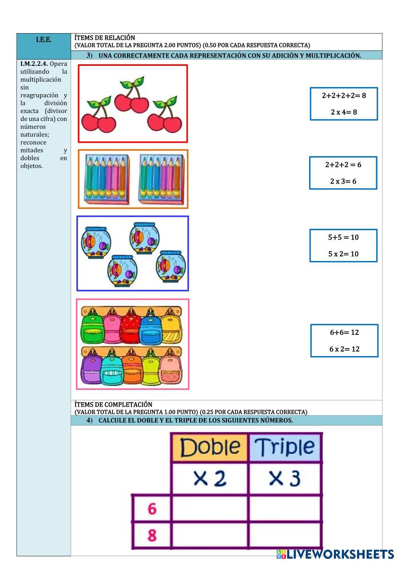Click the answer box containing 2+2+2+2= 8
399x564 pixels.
click(x=343, y=104)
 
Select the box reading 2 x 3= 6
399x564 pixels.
click(x=343, y=173)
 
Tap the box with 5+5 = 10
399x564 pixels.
click(x=343, y=245)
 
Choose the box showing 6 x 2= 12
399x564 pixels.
click(x=344, y=340)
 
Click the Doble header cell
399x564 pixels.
click(x=210, y=447)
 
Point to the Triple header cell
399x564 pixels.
click(x=284, y=447)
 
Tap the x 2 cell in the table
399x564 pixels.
click(x=210, y=478)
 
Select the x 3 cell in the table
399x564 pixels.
click(x=284, y=478)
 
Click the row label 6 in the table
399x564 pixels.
click(x=152, y=509)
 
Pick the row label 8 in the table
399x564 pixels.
click(x=152, y=535)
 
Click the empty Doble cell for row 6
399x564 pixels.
click(x=210, y=509)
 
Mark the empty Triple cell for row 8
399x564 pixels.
click(x=284, y=535)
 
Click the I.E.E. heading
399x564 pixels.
click(x=44, y=40)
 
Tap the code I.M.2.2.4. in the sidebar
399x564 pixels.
click(x=34, y=64)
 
